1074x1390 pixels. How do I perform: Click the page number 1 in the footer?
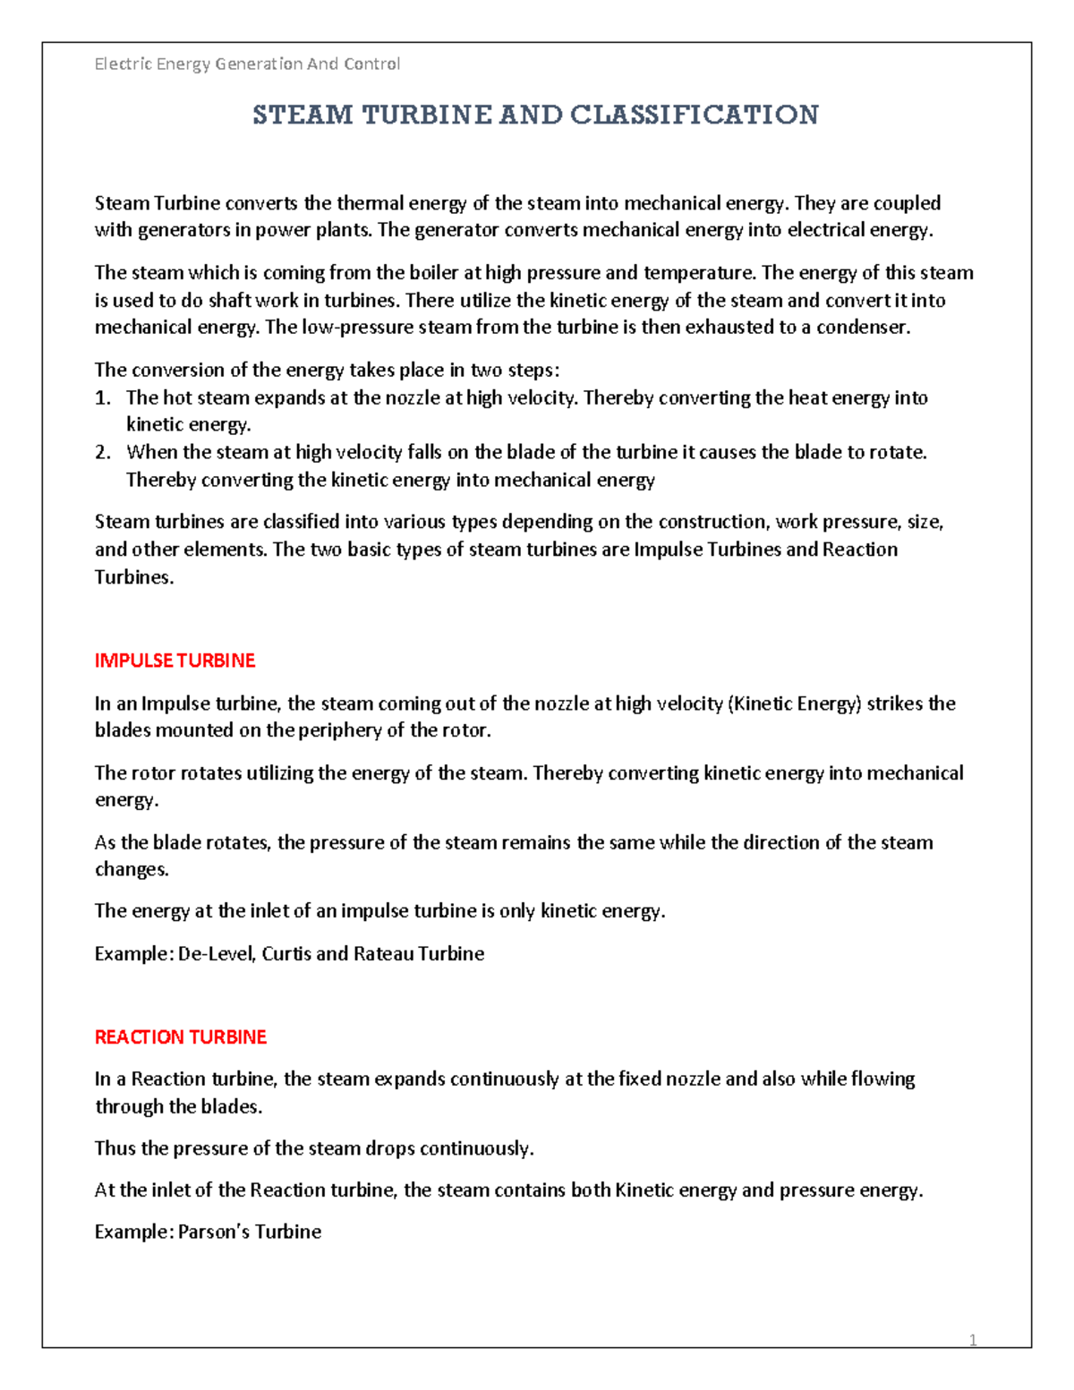click(x=973, y=1340)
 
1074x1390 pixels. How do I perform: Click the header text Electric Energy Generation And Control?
click(x=247, y=64)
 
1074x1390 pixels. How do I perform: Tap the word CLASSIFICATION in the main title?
click(x=694, y=115)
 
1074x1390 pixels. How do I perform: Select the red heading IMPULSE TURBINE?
click(x=175, y=661)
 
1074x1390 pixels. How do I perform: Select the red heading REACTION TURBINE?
click(x=180, y=1036)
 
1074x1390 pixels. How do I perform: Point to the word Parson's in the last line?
click(x=214, y=1232)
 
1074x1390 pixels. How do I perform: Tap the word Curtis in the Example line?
click(x=286, y=953)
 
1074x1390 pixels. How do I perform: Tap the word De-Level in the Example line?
click(x=217, y=953)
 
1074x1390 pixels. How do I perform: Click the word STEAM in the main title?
click(x=303, y=115)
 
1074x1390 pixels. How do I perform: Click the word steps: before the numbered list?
click(x=533, y=371)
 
